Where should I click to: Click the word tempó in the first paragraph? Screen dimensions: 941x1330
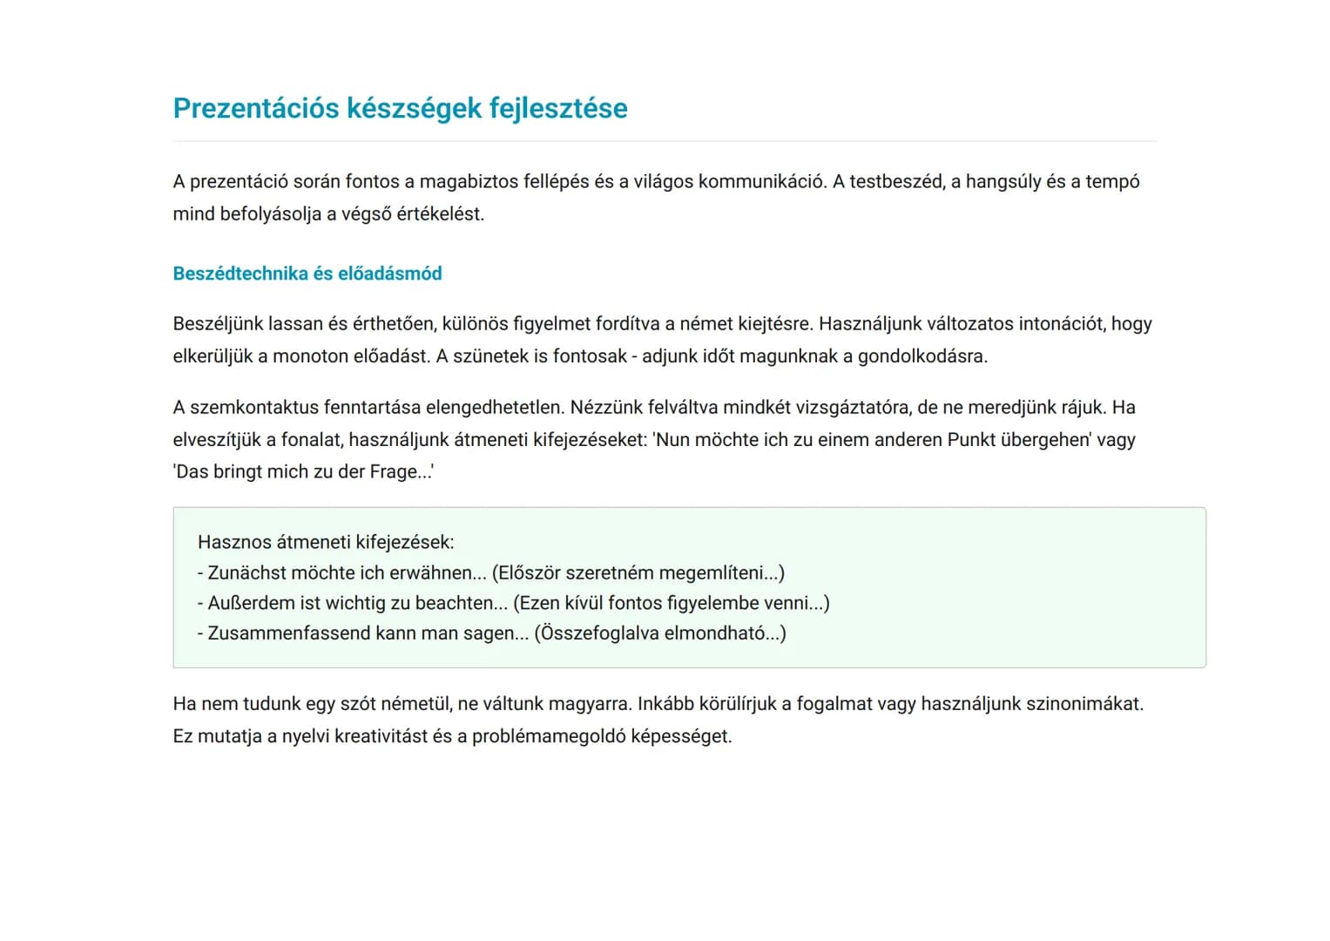[x=1111, y=181]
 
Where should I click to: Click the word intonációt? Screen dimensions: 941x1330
[x=1049, y=323]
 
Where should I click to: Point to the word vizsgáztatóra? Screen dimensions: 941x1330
[x=851, y=407]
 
